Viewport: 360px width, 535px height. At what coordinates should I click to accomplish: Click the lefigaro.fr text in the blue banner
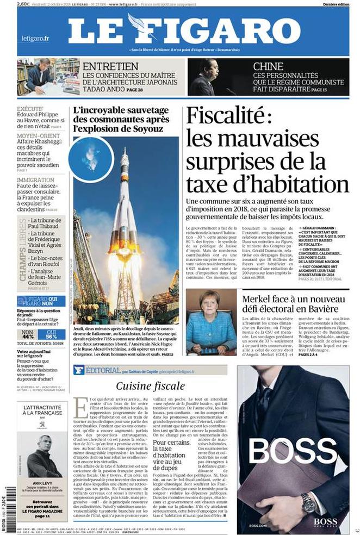click(35, 38)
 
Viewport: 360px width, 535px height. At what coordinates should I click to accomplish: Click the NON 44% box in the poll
click(27, 334)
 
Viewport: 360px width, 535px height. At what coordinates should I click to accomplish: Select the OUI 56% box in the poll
click(52, 334)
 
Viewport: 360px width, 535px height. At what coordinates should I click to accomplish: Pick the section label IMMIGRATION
click(35, 180)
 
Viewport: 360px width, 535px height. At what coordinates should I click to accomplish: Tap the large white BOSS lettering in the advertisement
click(293, 451)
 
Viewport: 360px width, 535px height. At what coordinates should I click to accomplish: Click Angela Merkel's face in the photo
click(211, 302)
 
